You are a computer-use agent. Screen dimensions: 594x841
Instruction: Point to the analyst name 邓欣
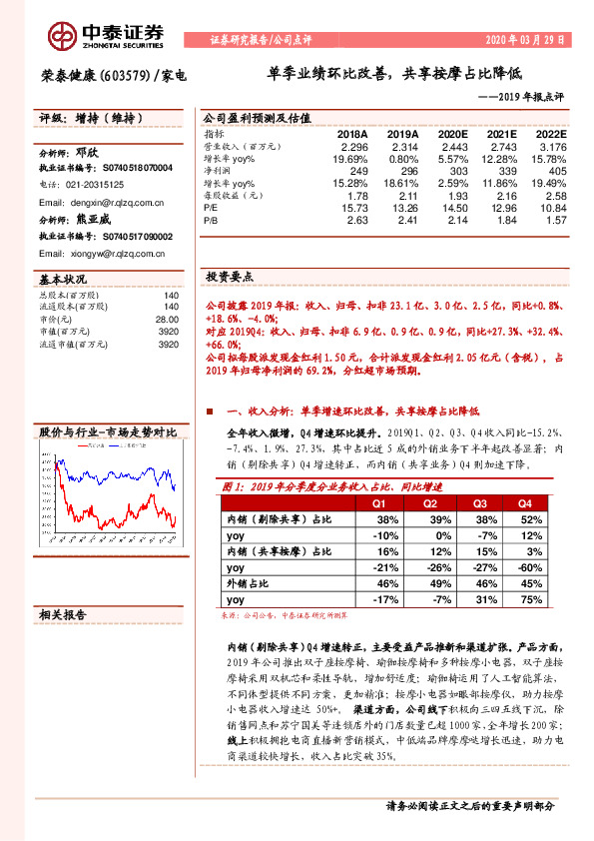89,156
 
